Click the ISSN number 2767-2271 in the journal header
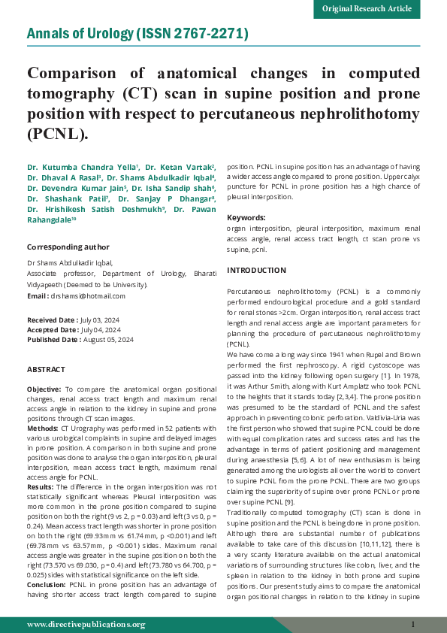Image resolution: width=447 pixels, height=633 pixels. (x=209, y=35)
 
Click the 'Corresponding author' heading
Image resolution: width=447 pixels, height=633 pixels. (x=68, y=247)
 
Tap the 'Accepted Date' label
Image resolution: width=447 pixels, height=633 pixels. (x=52, y=330)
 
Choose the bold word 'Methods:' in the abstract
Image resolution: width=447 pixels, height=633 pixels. (x=43, y=428)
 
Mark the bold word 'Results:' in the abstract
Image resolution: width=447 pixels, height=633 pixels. (x=41, y=486)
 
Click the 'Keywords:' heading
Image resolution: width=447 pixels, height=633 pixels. (x=246, y=217)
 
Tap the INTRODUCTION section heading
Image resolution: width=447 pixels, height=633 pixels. (x=256, y=270)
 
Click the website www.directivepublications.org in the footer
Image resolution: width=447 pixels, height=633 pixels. (x=86, y=624)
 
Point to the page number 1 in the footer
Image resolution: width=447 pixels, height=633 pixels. (x=413, y=624)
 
